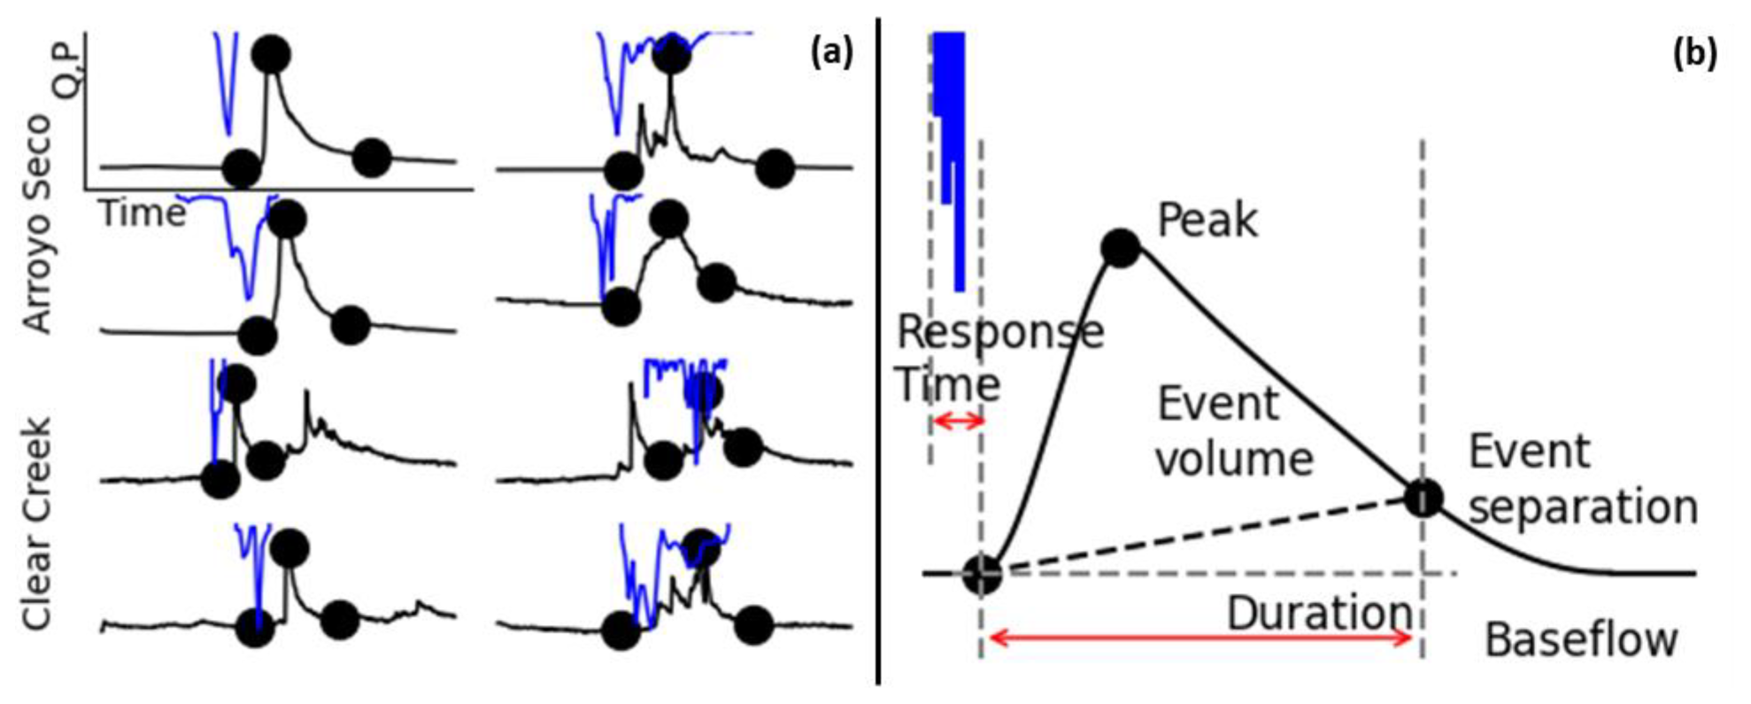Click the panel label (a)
coord(831,53)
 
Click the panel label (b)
coord(1693,53)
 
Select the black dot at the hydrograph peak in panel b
coord(1120,249)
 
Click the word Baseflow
coord(1581,639)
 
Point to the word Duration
coord(1318,613)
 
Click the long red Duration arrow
coord(1199,638)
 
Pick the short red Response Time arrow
coord(957,421)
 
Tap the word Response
coord(1000,333)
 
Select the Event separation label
coord(1582,479)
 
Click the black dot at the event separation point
coord(1423,498)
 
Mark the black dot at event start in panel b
coord(981,574)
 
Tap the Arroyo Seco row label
coord(37,225)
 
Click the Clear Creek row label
coord(37,522)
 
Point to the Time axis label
coord(142,213)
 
